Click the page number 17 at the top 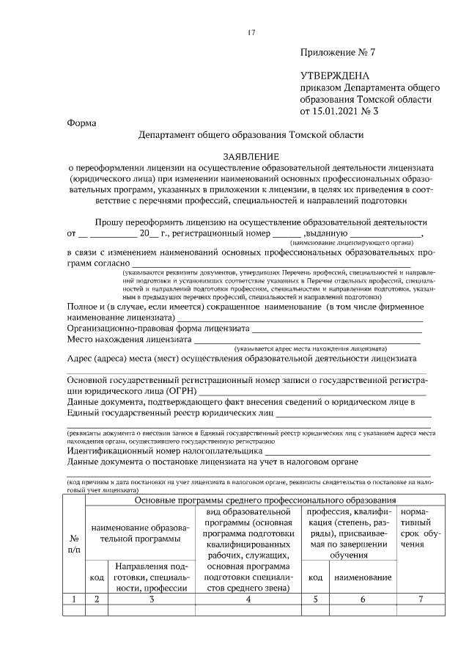point(251,32)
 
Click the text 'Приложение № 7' point(337,54)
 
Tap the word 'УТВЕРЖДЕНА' point(336,76)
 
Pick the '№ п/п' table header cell point(75,544)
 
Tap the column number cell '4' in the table point(249,599)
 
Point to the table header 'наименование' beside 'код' point(363,578)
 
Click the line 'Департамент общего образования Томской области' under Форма point(251,135)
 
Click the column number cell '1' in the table point(75,599)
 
